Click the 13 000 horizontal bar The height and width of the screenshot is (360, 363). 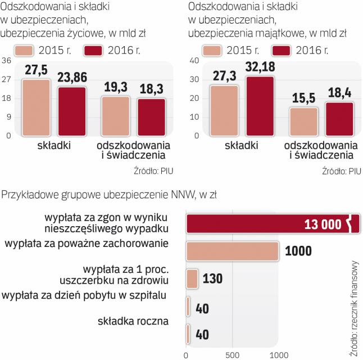270,224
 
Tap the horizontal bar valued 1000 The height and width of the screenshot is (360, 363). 232,252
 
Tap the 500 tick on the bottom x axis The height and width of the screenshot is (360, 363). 232,354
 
